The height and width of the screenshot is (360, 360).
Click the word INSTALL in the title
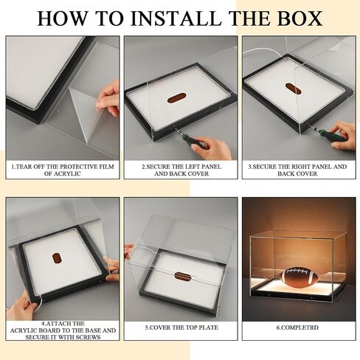click(x=176, y=18)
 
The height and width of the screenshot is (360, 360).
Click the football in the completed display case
click(x=299, y=276)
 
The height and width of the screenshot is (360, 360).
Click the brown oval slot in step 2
click(x=176, y=98)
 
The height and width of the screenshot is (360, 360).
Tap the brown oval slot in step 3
click(x=293, y=89)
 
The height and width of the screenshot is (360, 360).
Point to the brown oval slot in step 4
click(x=58, y=257)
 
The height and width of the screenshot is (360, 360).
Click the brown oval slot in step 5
click(x=183, y=276)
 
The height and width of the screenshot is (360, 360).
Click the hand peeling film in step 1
click(x=108, y=98)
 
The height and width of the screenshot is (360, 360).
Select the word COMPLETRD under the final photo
click(x=300, y=328)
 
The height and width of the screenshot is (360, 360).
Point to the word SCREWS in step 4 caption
click(x=89, y=337)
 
